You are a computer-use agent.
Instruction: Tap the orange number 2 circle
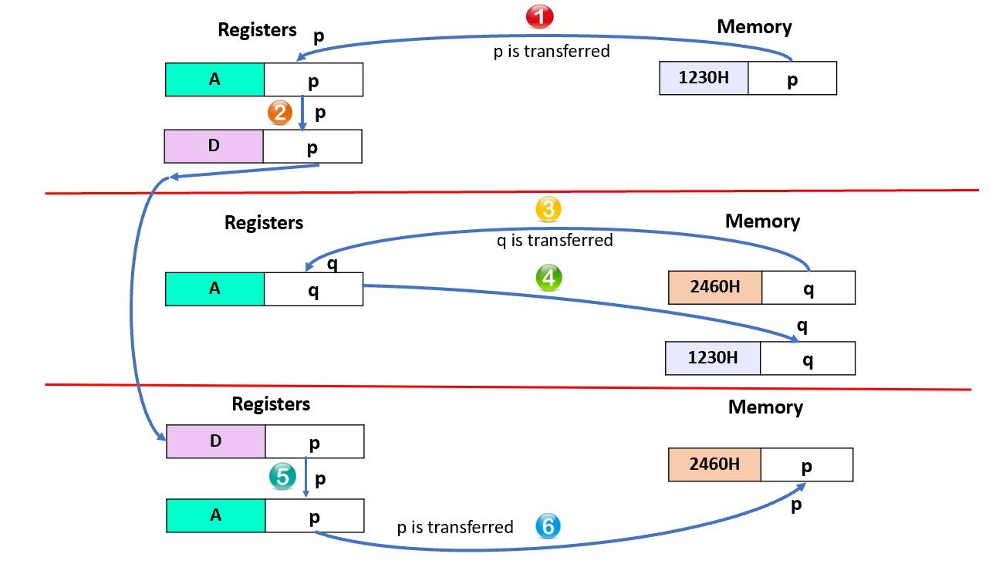pyautogui.click(x=279, y=113)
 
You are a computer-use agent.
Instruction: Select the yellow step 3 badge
pyautogui.click(x=549, y=209)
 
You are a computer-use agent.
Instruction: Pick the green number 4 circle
pyautogui.click(x=549, y=278)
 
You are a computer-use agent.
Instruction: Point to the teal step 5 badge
pyautogui.click(x=282, y=477)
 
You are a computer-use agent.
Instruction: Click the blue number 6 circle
pyautogui.click(x=548, y=527)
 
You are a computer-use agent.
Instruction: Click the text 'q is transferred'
pyautogui.click(x=555, y=240)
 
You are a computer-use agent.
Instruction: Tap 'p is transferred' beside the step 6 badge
pyautogui.click(x=454, y=527)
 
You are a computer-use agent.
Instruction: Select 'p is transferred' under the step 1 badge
pyautogui.click(x=552, y=51)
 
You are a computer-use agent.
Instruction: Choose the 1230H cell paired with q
pyautogui.click(x=712, y=358)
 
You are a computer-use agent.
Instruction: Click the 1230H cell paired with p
pyautogui.click(x=704, y=78)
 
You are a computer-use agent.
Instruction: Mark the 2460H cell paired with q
pyautogui.click(x=714, y=287)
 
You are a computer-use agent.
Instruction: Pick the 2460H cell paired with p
pyautogui.click(x=714, y=464)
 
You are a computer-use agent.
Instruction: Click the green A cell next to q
pyautogui.click(x=214, y=289)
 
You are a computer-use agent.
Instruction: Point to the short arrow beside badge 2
pyautogui.click(x=302, y=113)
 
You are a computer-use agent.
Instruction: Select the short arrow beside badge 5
pyautogui.click(x=306, y=478)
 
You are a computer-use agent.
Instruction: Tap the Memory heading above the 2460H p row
pyautogui.click(x=765, y=407)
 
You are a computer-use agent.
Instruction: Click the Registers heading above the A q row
pyautogui.click(x=264, y=223)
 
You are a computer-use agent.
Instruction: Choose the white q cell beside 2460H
pyautogui.click(x=808, y=288)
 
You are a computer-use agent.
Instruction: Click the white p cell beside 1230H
pyautogui.click(x=792, y=79)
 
